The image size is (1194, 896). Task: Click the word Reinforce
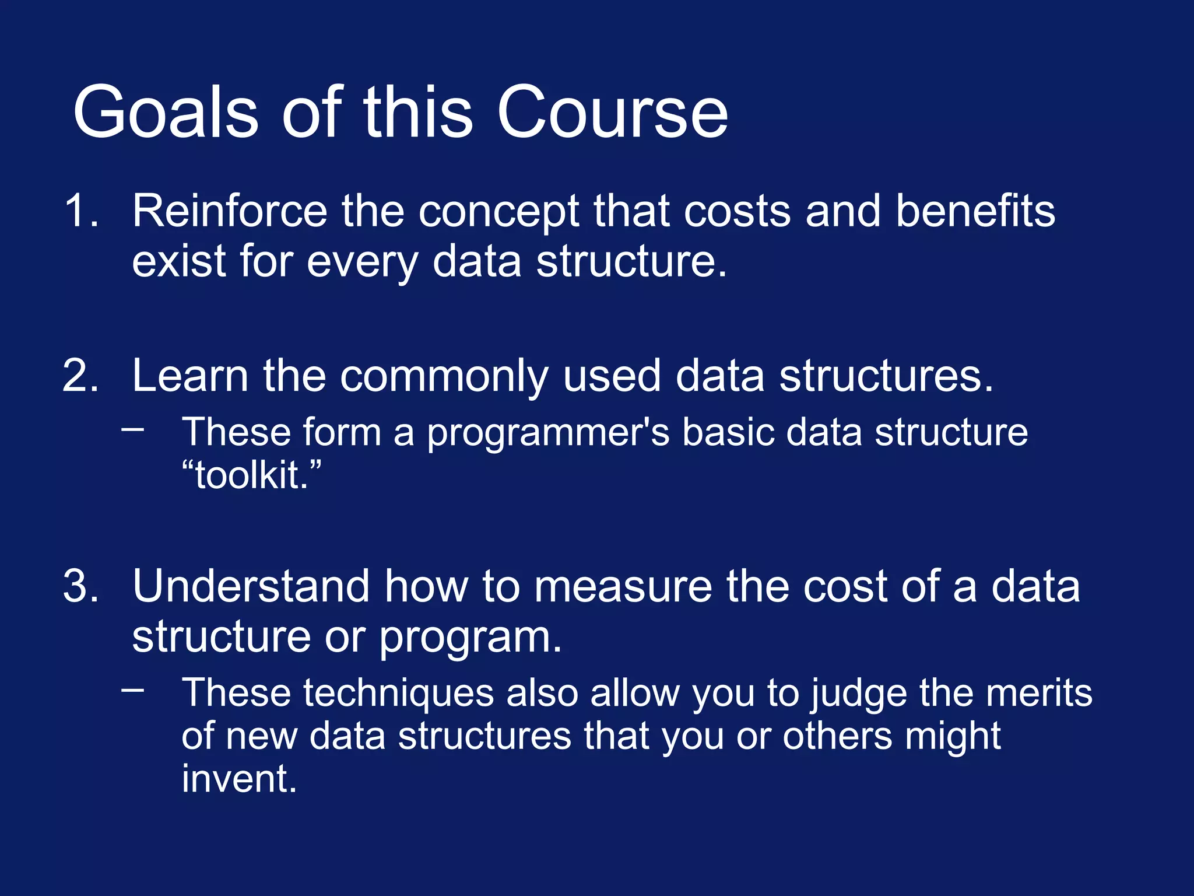(230, 211)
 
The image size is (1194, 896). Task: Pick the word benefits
(975, 211)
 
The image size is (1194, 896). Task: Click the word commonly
(444, 377)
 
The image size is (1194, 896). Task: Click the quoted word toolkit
(251, 475)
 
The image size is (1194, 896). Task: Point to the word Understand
(251, 586)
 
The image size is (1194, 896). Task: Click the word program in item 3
(469, 638)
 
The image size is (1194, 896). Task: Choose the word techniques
(398, 694)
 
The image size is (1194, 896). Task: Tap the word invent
(239, 779)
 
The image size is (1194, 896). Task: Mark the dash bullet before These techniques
(133, 690)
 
